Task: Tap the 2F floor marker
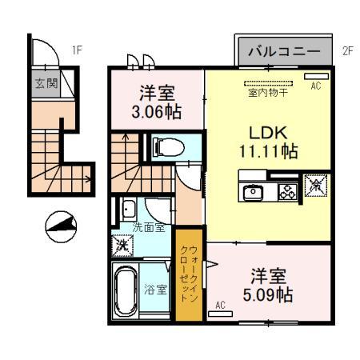pyautogui.click(x=347, y=50)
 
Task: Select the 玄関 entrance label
pyautogui.click(x=45, y=82)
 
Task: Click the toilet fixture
pyautogui.click(x=163, y=146)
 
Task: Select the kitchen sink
pyautogui.click(x=254, y=192)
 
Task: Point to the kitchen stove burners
pyautogui.click(x=286, y=192)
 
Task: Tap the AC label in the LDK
pyautogui.click(x=314, y=86)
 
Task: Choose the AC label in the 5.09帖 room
pyautogui.click(x=221, y=306)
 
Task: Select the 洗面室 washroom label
pyautogui.click(x=149, y=226)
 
